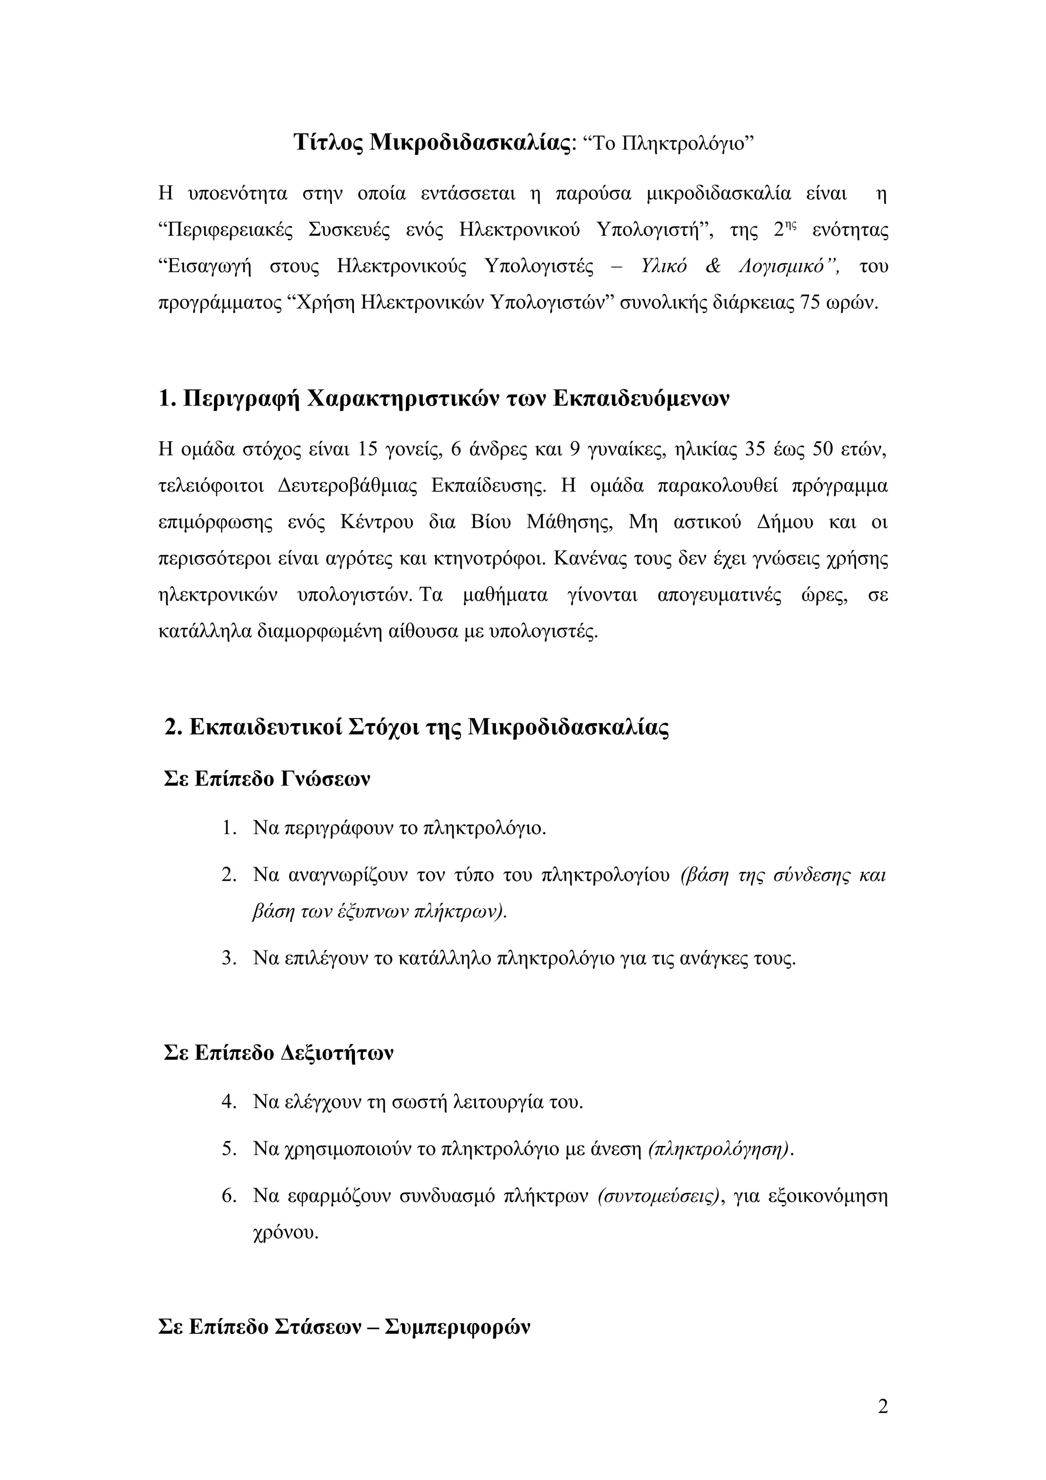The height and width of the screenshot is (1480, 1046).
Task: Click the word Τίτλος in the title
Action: click(x=329, y=142)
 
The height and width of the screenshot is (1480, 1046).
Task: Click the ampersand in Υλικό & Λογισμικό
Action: click(x=713, y=266)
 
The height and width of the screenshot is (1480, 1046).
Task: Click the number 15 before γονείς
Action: click(x=367, y=449)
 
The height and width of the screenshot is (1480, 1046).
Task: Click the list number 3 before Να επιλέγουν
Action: click(x=228, y=959)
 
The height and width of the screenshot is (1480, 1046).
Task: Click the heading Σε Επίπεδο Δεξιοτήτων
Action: click(x=278, y=1053)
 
